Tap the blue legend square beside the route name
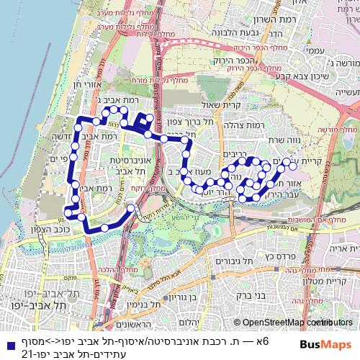click(x=7, y=341)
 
